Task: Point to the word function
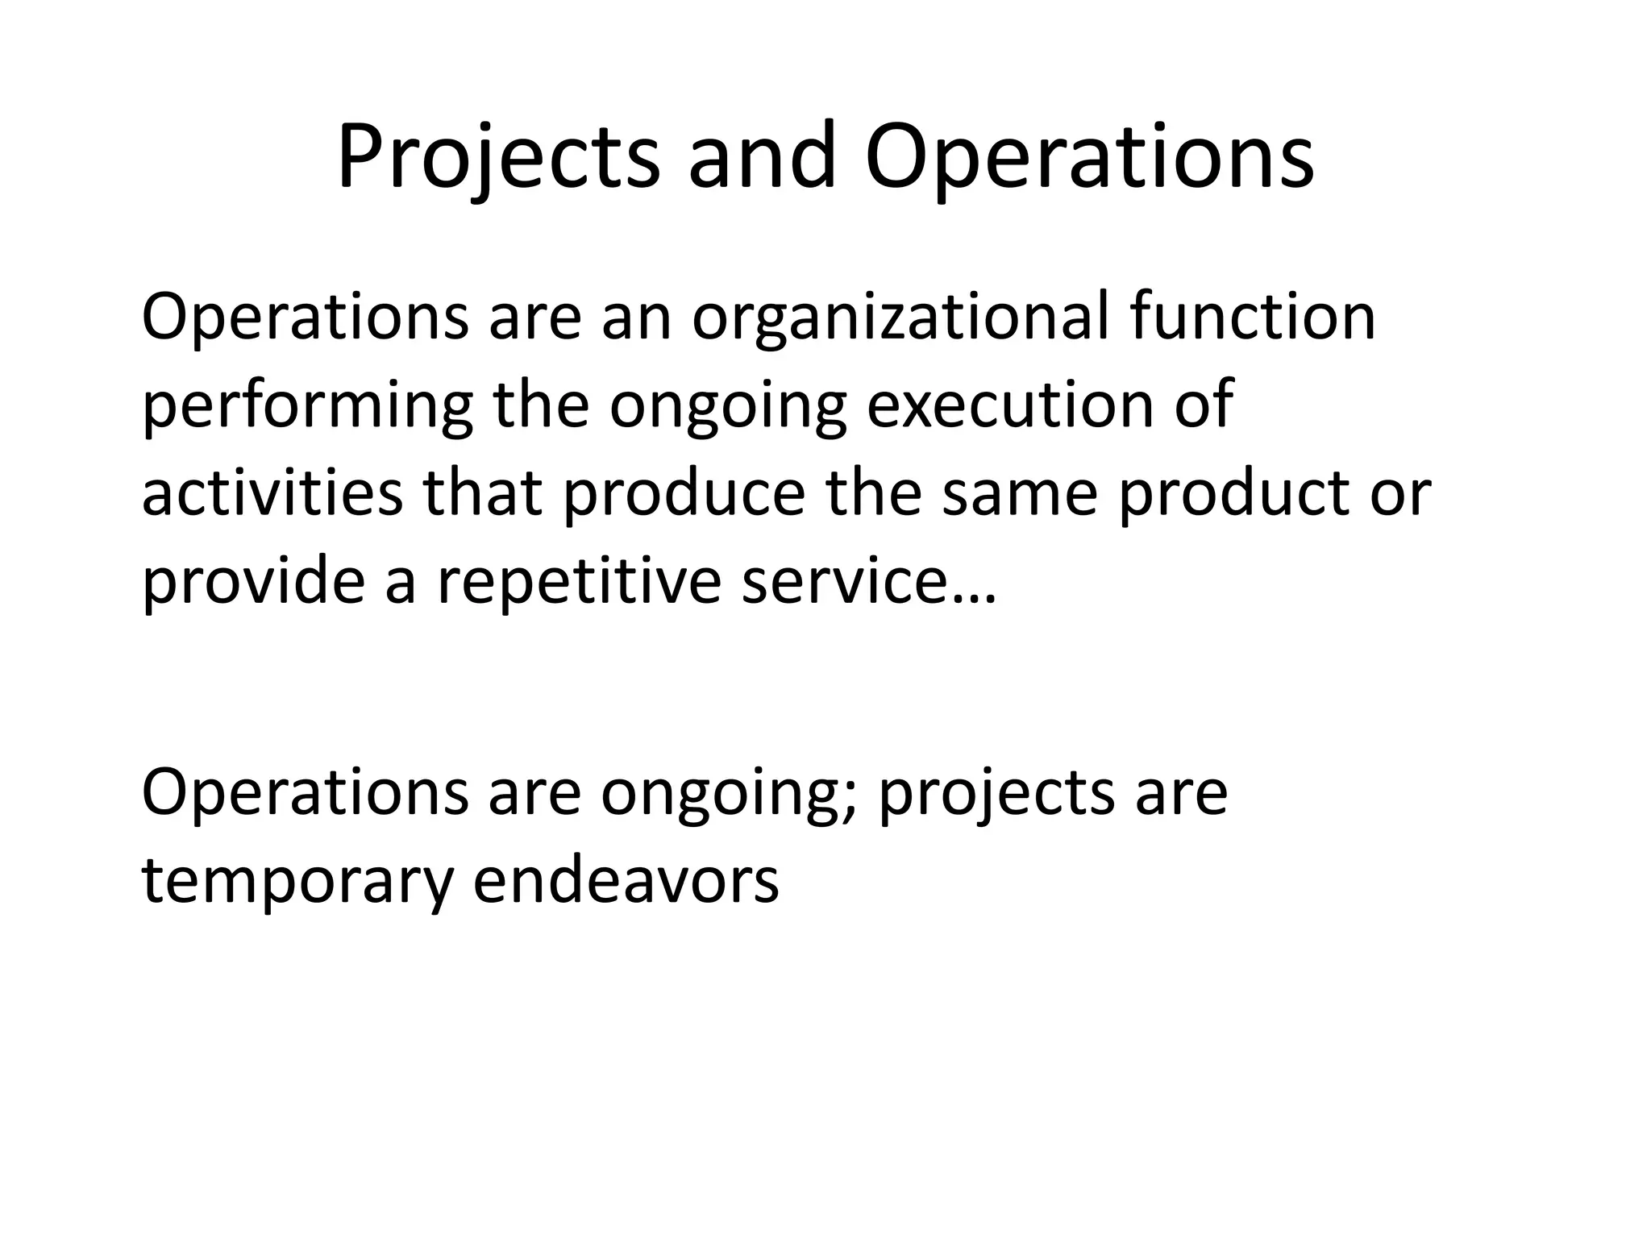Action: point(1253,317)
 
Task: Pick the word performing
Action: point(306,406)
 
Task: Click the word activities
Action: point(272,492)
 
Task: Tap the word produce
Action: point(684,492)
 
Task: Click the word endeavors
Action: point(626,880)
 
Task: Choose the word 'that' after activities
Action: point(482,492)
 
